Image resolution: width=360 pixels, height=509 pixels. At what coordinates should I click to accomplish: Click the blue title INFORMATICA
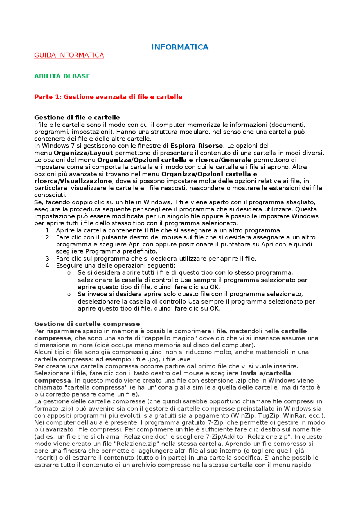click(180, 47)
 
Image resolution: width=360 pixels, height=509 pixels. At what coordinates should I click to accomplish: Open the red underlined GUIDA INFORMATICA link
click(69, 55)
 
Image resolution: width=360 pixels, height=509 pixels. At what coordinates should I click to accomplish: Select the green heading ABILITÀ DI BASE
click(62, 76)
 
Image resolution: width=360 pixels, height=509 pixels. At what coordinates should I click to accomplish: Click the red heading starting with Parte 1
click(108, 97)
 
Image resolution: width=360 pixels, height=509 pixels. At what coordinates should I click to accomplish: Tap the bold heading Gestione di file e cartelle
click(77, 117)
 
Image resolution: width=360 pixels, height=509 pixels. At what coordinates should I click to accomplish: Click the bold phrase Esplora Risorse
click(197, 146)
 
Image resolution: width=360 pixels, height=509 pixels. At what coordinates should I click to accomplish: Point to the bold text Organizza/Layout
click(83, 153)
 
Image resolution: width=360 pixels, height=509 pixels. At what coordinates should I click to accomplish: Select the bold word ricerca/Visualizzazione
click(73, 181)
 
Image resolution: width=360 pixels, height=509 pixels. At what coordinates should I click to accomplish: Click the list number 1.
click(48, 230)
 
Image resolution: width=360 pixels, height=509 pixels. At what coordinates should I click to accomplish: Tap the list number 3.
click(48, 259)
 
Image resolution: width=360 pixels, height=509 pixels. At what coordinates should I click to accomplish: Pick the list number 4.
click(48, 266)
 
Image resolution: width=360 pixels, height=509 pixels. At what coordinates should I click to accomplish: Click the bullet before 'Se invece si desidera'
click(69, 294)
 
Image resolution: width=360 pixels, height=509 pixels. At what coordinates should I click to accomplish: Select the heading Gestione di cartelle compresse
click(87, 324)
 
